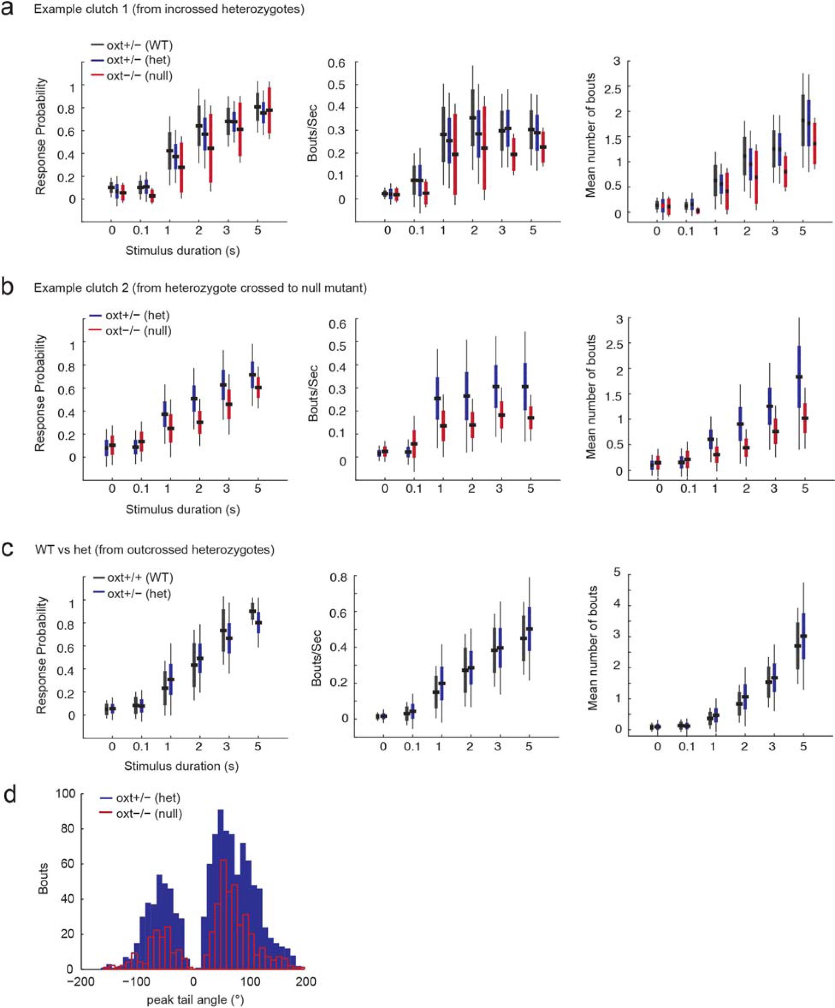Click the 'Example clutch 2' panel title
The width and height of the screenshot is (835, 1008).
(x=200, y=288)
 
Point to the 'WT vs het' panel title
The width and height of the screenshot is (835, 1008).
(x=155, y=550)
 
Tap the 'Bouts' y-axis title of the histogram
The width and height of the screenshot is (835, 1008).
(x=44, y=878)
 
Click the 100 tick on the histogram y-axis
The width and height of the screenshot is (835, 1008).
(x=66, y=793)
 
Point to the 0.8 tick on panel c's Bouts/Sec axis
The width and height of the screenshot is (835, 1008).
(x=337, y=577)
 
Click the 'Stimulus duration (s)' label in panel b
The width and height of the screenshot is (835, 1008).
(x=182, y=509)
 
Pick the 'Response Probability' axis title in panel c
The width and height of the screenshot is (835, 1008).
(x=41, y=655)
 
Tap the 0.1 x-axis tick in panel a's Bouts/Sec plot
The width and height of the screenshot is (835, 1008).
(x=416, y=230)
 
